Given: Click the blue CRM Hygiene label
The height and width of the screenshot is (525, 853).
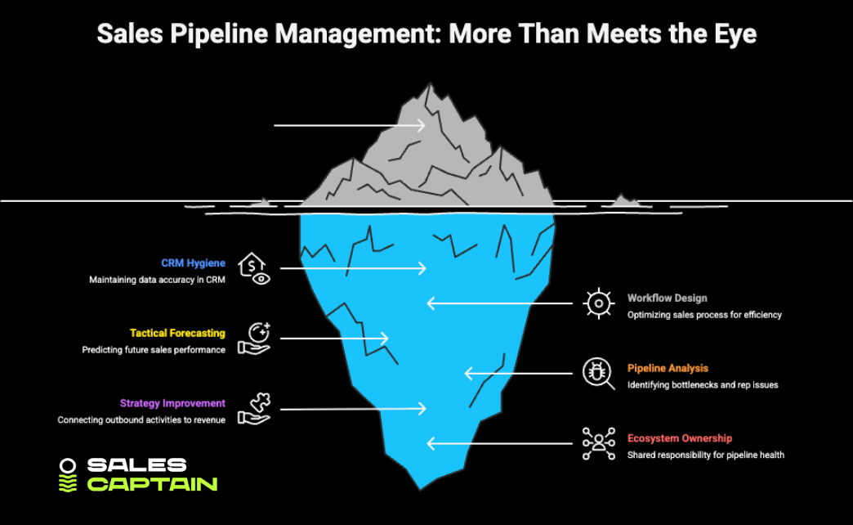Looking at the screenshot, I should click(x=193, y=263).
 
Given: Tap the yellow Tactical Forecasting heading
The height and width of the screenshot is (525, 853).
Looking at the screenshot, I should click(x=177, y=334).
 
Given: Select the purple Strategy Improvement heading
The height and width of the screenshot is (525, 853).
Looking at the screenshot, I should click(x=172, y=403).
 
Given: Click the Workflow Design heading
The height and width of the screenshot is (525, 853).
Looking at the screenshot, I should click(x=667, y=298).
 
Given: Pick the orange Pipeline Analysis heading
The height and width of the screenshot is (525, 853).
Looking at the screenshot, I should click(x=668, y=369).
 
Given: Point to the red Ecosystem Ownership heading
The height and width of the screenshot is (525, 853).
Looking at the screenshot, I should click(x=679, y=438).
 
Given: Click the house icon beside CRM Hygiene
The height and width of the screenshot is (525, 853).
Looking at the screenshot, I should click(x=253, y=268).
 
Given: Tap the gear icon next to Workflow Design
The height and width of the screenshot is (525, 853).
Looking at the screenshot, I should click(x=598, y=303).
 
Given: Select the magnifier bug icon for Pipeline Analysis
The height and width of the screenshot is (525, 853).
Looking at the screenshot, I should click(x=598, y=373).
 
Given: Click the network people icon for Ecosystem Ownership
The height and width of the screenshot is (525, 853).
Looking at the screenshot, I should click(x=598, y=442).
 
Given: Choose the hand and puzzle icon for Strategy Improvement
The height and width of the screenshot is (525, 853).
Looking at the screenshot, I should click(x=254, y=408).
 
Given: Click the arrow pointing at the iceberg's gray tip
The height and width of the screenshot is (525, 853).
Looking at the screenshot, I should click(x=349, y=125).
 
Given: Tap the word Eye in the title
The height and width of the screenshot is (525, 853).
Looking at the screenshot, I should click(x=735, y=34).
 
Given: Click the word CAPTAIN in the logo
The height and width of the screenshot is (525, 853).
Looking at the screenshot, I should click(x=152, y=483).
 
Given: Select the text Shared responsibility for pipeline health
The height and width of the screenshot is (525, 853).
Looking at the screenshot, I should click(x=705, y=455).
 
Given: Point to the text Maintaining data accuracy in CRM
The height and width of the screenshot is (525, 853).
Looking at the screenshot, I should click(x=157, y=280).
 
